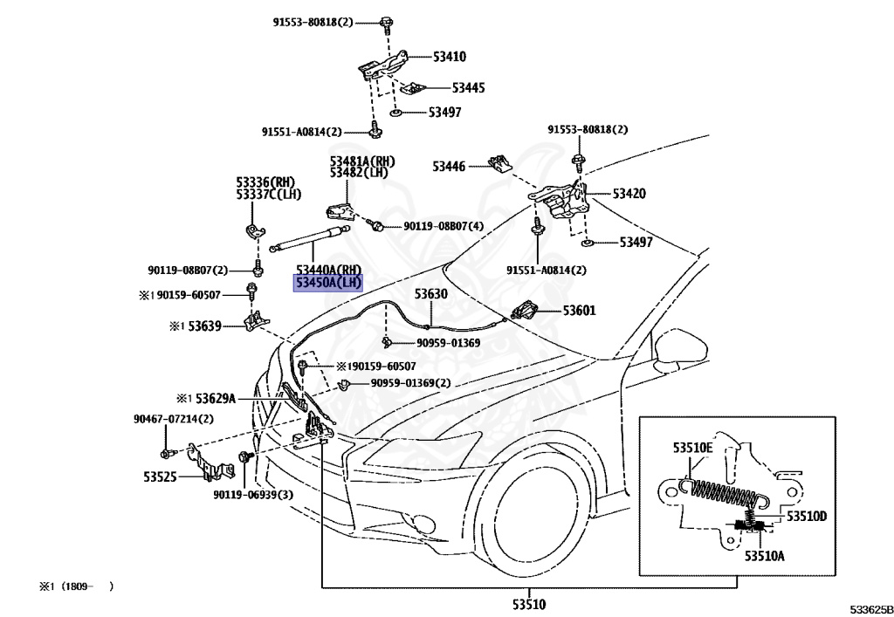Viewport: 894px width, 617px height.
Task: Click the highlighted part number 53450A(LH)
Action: coord(327,284)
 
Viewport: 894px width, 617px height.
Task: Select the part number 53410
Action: coord(450,57)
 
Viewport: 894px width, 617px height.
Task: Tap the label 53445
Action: coord(468,88)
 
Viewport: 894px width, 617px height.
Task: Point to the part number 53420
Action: coord(629,194)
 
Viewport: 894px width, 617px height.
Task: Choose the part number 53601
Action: coord(580,310)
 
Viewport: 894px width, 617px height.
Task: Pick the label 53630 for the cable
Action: coord(430,294)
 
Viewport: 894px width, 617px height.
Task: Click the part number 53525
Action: coord(161,477)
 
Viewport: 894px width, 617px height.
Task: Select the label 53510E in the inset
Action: coord(692,448)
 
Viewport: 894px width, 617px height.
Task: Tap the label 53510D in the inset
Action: coord(806,517)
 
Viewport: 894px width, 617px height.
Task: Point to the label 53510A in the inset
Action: coord(765,555)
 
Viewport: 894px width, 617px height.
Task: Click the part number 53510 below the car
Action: coord(528,603)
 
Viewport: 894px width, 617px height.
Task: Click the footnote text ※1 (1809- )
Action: coord(76,586)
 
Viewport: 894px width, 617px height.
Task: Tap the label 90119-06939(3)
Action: coord(252,495)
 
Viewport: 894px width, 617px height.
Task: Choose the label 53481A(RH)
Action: coord(362,161)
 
